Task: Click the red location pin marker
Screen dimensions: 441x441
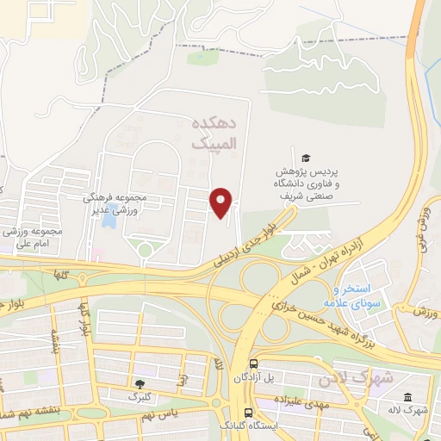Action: (x=221, y=202)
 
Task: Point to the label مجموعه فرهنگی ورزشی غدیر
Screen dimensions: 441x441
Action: (x=115, y=203)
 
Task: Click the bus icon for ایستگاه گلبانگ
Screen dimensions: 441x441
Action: (x=248, y=413)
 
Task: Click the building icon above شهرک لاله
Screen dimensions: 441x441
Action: (x=407, y=397)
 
